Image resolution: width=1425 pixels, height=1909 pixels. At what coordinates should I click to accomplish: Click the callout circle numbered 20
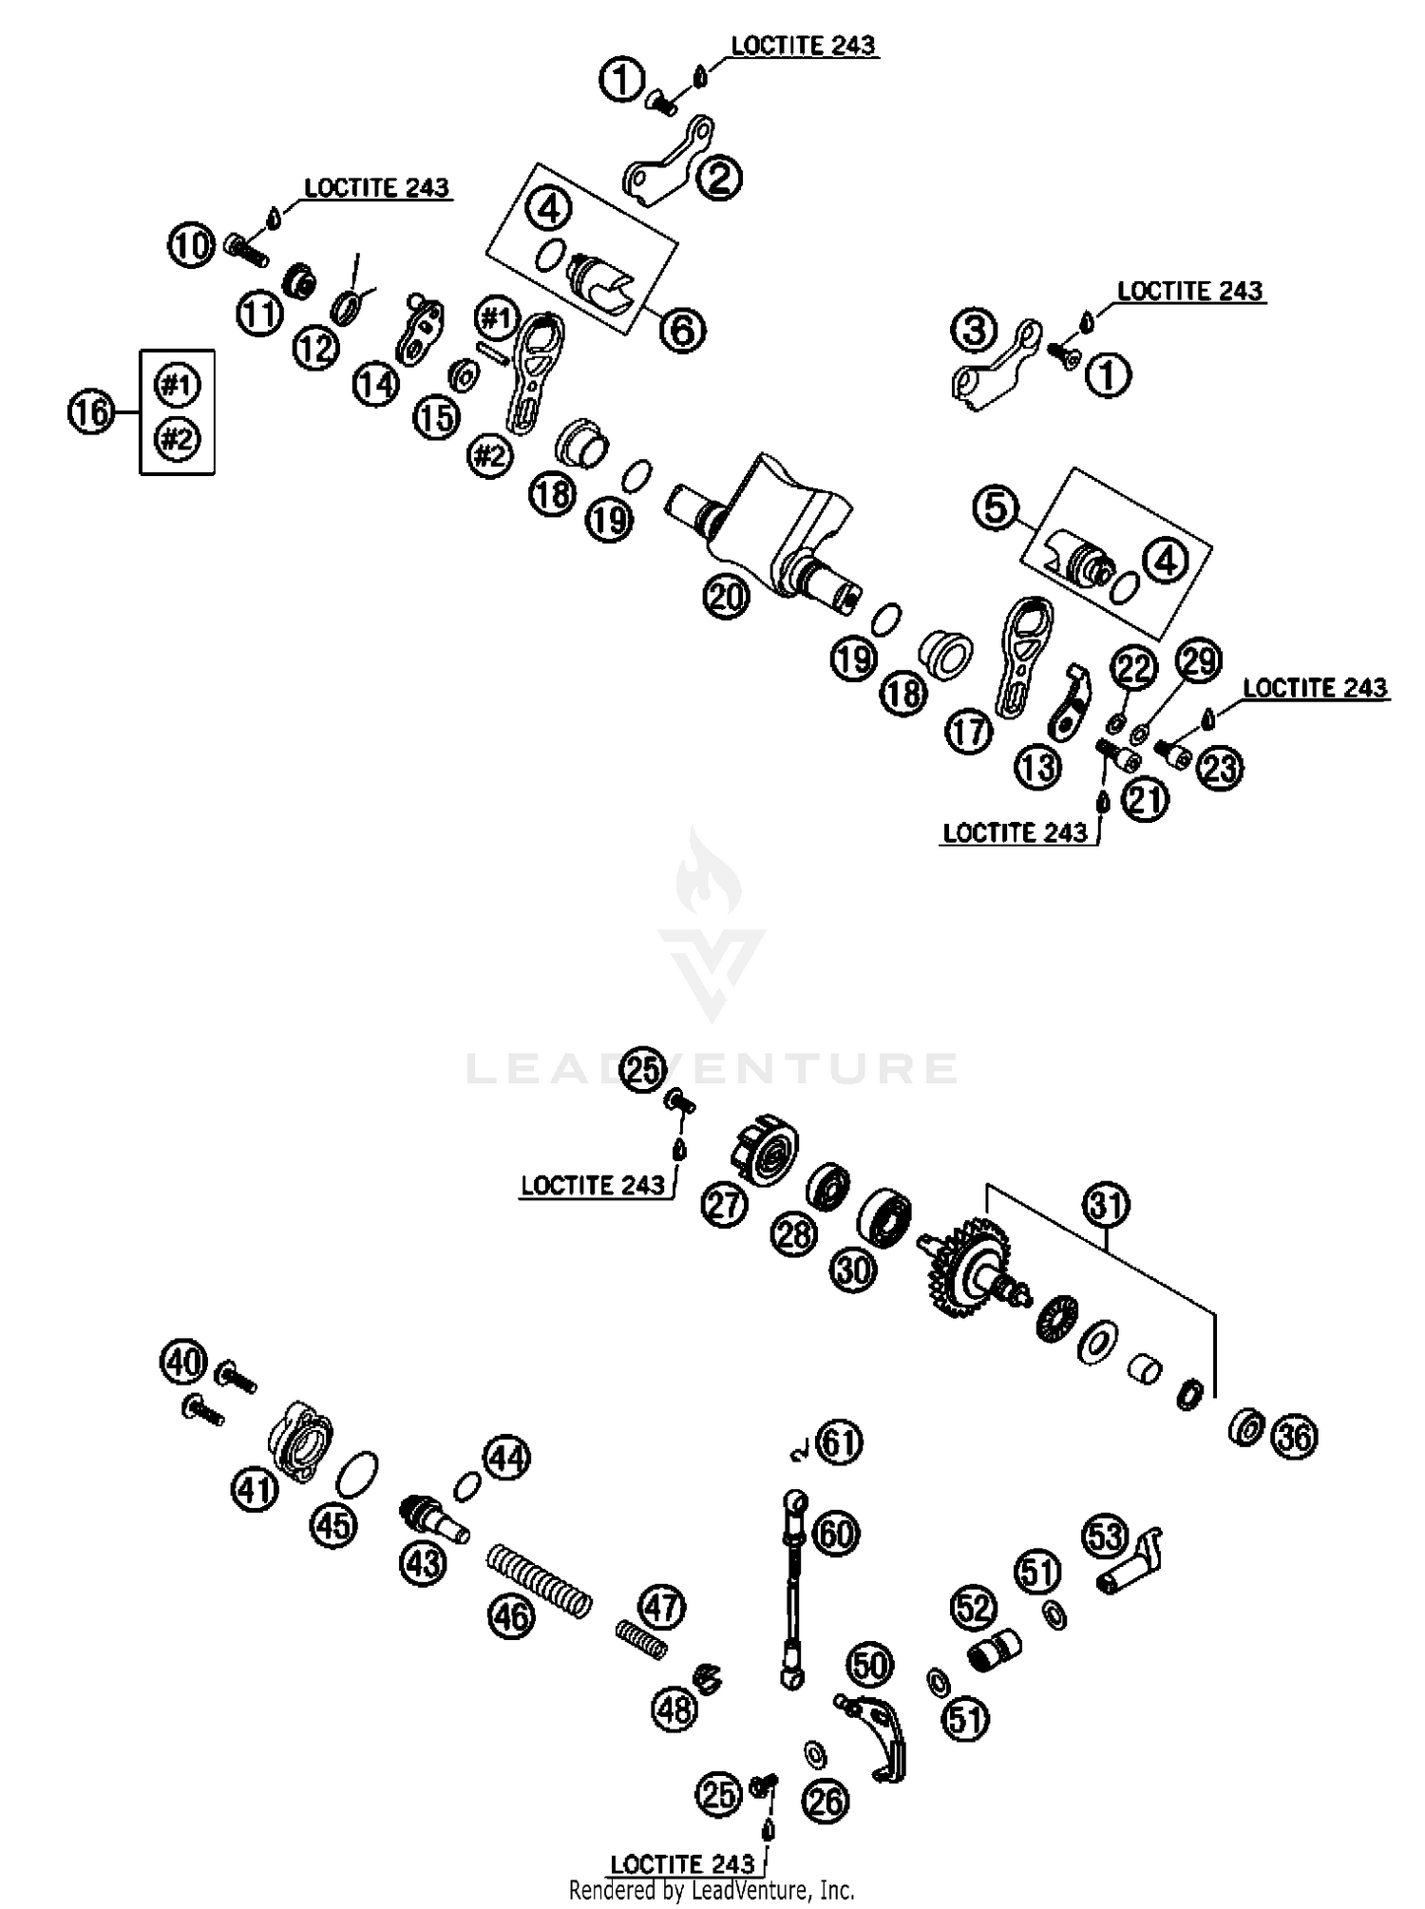point(727,597)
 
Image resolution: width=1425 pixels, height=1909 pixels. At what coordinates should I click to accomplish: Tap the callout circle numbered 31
point(1107,1206)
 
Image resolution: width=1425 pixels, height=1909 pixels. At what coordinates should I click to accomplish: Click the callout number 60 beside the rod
point(837,1533)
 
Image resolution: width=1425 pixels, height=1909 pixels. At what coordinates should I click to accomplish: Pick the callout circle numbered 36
point(1295,1437)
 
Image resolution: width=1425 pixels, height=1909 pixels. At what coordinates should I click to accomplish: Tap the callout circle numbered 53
point(1106,1537)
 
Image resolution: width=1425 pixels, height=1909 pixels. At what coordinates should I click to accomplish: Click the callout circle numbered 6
point(683,330)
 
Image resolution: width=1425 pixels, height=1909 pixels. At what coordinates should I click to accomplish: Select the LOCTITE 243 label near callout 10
point(376,188)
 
